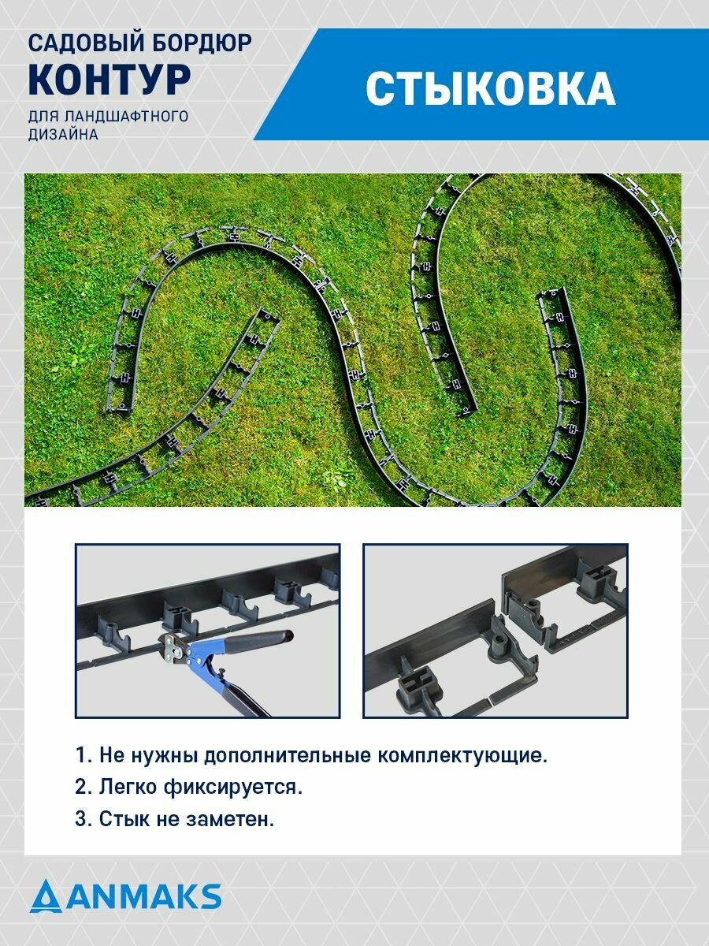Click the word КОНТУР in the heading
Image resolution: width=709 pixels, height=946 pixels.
110,80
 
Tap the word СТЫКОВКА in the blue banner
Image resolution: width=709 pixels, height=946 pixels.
490,88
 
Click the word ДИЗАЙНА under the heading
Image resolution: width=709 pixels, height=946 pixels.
63,135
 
